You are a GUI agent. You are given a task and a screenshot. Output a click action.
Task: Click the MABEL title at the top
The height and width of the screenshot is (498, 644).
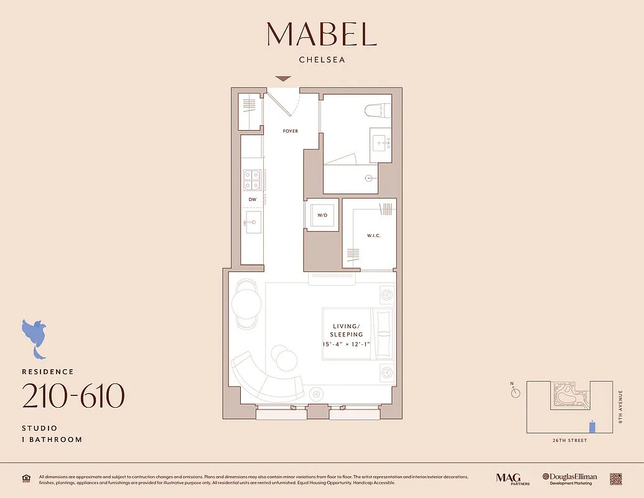coord(322,34)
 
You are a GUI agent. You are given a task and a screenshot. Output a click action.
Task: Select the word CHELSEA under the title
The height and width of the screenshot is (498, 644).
coord(322,60)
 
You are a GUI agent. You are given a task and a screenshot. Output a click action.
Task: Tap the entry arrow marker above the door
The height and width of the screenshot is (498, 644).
coord(283,79)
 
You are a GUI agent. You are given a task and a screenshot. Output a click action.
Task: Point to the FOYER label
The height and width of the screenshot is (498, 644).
coord(290,131)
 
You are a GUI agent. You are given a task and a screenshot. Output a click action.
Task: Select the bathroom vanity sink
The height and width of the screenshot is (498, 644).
coord(380,143)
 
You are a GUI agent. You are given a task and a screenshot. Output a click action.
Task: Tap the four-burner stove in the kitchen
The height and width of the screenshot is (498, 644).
coord(252,180)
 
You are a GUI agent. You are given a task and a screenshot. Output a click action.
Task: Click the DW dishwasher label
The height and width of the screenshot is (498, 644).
coord(253,200)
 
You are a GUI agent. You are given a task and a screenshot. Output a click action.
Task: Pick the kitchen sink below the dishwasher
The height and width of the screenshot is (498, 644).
coord(253,222)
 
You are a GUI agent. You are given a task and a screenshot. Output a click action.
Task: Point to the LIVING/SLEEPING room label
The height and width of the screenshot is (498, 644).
coord(347,331)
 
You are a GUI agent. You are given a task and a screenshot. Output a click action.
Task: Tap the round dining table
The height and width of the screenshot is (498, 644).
coord(246,305)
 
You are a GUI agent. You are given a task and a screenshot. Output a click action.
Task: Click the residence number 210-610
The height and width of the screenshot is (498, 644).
coord(73,396)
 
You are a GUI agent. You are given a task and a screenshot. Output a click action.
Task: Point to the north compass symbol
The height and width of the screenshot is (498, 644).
coord(515,392)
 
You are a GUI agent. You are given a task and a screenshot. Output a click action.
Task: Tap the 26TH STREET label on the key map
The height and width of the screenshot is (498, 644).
coord(569,441)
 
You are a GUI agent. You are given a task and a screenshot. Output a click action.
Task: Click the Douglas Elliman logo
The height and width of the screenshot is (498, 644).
coord(569,478)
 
